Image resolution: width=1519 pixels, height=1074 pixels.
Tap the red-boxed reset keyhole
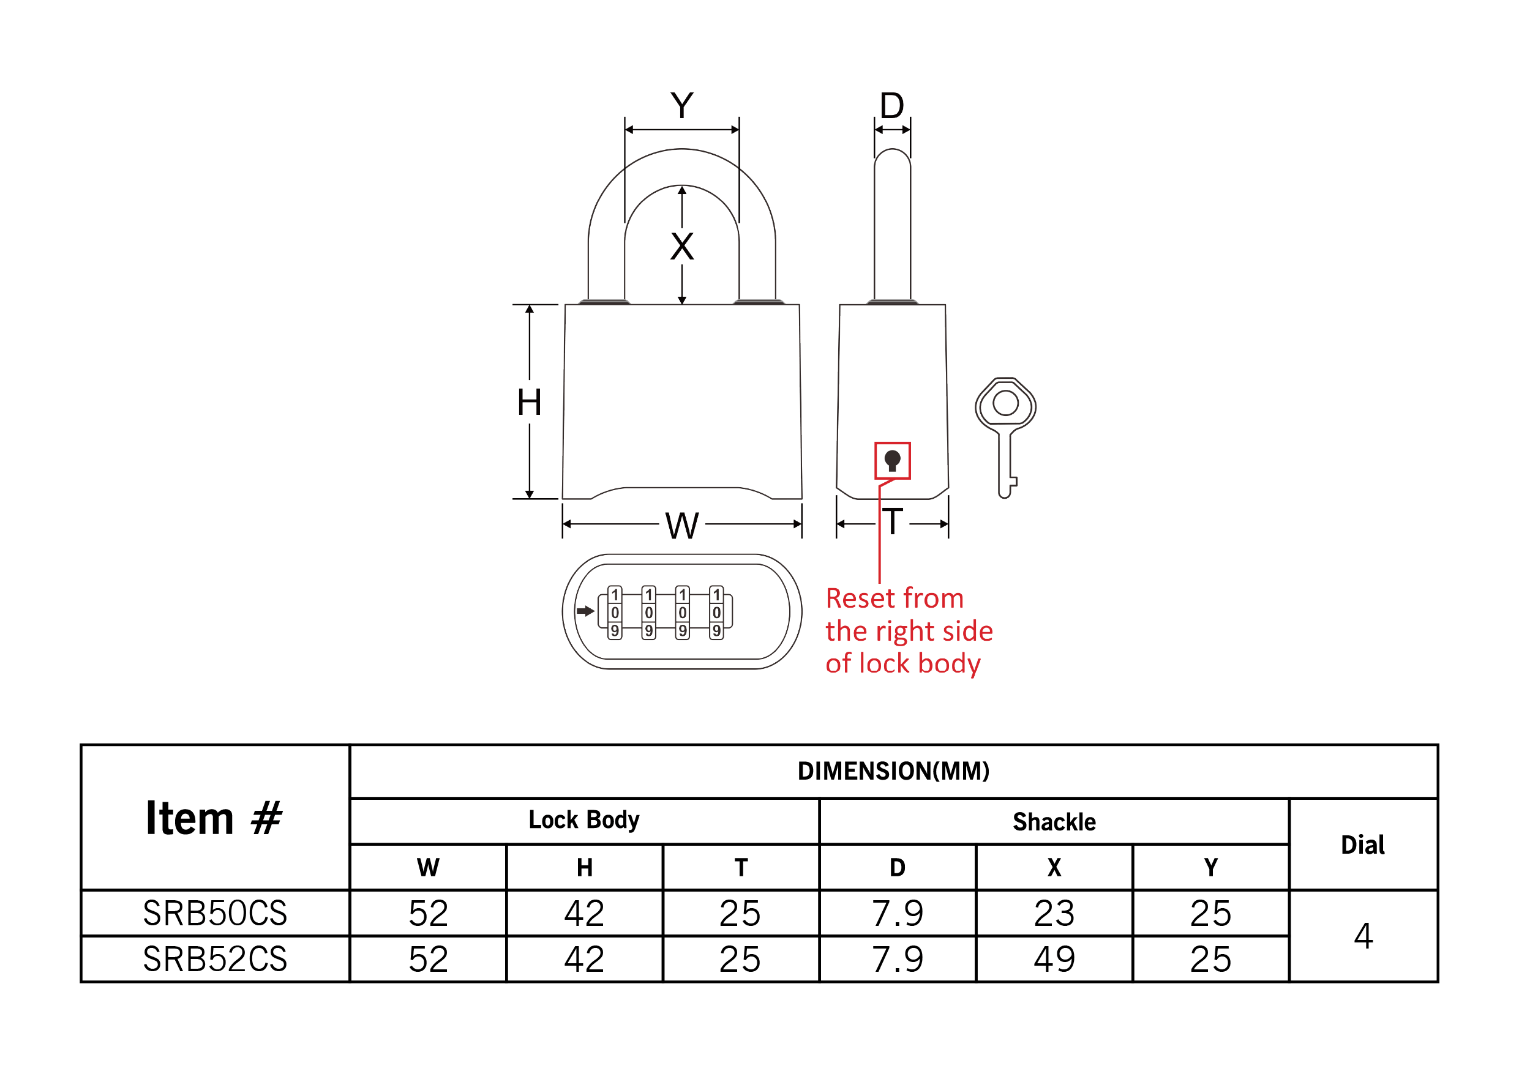click(x=893, y=460)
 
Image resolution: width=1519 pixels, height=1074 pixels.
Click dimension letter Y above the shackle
click(x=681, y=105)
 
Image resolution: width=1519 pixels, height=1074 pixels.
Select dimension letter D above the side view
click(x=892, y=105)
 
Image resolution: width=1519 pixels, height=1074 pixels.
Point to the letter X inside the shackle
click(x=682, y=247)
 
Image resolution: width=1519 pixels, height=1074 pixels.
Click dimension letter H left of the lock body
click(x=529, y=402)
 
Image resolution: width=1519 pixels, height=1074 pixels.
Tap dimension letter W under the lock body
click(x=682, y=526)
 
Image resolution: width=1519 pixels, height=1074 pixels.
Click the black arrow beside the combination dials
click(x=585, y=610)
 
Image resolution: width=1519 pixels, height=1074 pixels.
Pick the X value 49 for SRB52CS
click(x=1054, y=959)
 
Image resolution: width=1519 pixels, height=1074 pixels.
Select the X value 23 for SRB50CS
click(x=1054, y=913)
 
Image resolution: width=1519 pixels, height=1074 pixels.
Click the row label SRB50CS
click(x=215, y=913)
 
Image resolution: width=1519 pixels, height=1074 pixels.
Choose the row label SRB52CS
click(x=215, y=959)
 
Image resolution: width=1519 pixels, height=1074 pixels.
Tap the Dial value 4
click(x=1363, y=936)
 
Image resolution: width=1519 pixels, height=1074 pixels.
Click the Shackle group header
click(x=1054, y=821)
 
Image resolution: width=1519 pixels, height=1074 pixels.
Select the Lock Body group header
click(x=583, y=820)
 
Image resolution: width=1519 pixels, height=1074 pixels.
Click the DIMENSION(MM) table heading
click(x=893, y=771)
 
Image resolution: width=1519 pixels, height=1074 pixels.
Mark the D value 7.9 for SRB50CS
click(x=897, y=913)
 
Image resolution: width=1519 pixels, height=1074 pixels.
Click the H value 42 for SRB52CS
click(x=583, y=959)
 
